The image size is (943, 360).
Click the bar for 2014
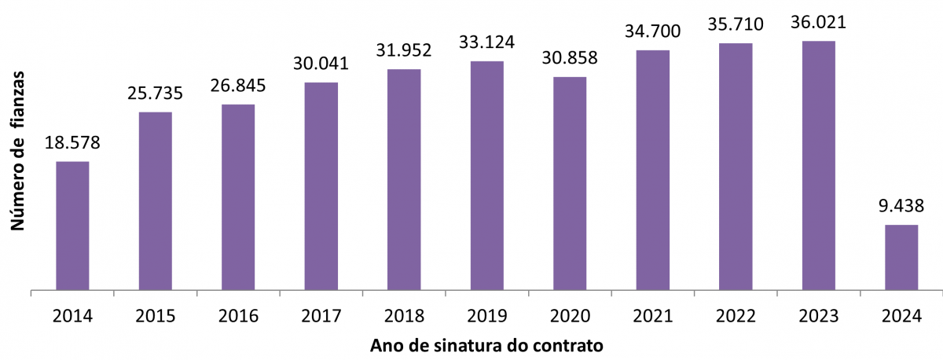coord(72,226)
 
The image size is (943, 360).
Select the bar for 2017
coord(321,186)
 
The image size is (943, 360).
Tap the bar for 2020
coord(570,183)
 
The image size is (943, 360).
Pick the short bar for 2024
coord(901,258)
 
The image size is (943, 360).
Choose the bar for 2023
coord(818,165)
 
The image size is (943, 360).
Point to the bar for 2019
coord(487,175)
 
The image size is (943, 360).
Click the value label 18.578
coord(73,143)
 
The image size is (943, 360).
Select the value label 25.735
coord(156,94)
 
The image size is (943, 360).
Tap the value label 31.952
coord(404,50)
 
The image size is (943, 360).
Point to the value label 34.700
coord(653,31)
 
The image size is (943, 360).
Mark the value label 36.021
coord(819,22)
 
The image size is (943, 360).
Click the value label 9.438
coord(901,207)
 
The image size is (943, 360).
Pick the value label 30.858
coord(570,58)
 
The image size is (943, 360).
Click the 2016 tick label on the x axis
coord(238,316)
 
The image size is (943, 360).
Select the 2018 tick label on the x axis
coord(404,316)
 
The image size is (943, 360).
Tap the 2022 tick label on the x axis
coord(736,316)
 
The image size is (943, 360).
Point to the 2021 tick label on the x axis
coord(653,316)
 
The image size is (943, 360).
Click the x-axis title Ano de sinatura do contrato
coord(487,345)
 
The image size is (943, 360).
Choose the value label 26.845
coord(238,85)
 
